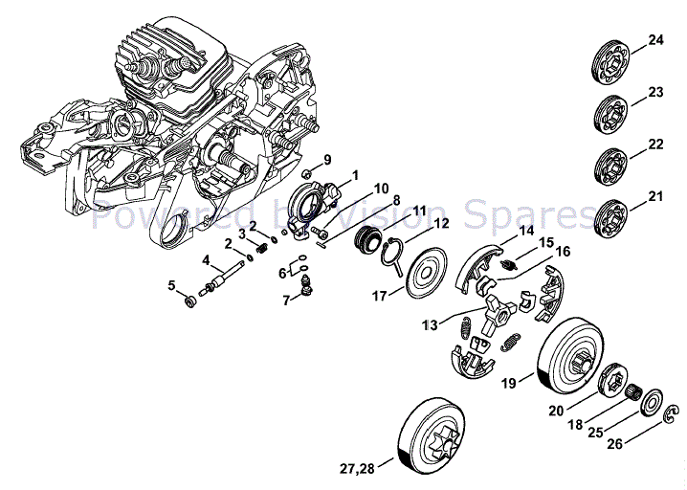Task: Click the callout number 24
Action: pos(654,40)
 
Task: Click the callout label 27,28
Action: pos(356,469)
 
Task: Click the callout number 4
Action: pos(206,259)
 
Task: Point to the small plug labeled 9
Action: pos(307,175)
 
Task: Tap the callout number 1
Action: pos(355,175)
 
